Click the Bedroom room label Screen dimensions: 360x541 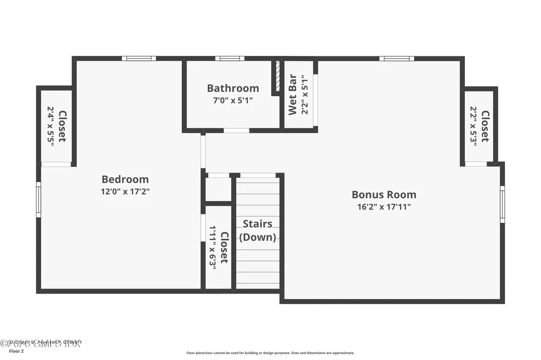[x=125, y=179]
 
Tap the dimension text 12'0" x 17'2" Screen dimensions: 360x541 [x=125, y=192]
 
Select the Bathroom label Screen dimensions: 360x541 [x=233, y=88]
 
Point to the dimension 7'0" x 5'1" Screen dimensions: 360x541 [x=233, y=100]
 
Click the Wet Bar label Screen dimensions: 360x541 [x=293, y=95]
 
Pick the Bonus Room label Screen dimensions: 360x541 [x=384, y=194]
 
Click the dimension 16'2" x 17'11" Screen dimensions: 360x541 [x=384, y=207]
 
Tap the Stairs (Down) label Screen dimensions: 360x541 [x=258, y=231]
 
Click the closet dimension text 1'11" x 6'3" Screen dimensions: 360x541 [x=213, y=248]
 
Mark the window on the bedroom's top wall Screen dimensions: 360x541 [x=138, y=58]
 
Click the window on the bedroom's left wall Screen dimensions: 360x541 [x=39, y=199]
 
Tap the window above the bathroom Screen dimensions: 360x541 [x=229, y=58]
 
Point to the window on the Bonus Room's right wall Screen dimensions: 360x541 [x=502, y=204]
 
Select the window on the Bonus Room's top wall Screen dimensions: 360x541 [x=396, y=58]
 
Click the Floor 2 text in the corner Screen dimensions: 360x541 [x=16, y=350]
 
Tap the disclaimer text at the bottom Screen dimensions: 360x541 [x=270, y=353]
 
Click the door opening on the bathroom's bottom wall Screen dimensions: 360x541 [x=236, y=130]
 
